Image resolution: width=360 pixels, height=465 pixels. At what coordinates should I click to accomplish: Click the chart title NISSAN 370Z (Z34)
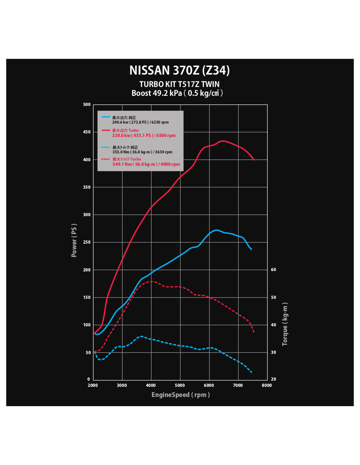point(180,70)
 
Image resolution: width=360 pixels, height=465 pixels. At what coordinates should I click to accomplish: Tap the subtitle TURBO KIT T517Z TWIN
point(179,84)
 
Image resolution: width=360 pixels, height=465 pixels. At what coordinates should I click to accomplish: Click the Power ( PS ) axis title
point(74,240)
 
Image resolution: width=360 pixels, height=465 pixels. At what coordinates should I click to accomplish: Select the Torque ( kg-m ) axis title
point(285,324)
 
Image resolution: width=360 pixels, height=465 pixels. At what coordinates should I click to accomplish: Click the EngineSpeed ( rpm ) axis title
point(181,395)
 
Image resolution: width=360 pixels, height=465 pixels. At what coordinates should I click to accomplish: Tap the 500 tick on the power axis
point(87,105)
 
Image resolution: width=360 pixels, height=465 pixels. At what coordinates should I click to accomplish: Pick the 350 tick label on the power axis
point(87,187)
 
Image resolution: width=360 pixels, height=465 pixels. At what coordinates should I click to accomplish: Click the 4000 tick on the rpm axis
point(151,385)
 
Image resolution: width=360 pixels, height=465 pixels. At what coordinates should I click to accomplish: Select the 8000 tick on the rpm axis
point(267,385)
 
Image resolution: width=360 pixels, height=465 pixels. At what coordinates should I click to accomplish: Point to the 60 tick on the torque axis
point(274,270)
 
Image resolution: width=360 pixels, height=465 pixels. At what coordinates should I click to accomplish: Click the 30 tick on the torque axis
point(274,353)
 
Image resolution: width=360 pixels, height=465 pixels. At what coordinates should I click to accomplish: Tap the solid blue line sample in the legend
point(106,117)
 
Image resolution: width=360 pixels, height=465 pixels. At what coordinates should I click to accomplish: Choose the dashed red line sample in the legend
point(106,159)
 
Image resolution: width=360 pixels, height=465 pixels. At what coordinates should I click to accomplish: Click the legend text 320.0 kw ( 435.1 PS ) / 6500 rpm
point(144,135)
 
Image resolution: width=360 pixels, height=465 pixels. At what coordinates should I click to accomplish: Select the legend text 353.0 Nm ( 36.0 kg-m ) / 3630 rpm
point(142,152)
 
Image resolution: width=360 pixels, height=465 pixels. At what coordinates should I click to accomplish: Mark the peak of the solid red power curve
point(223,141)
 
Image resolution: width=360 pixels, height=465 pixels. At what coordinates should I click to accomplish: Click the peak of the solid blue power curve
point(217,230)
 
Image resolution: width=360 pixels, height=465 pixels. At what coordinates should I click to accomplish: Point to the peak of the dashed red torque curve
point(151,281)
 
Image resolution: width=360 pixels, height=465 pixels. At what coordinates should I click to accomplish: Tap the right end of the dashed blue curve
point(251,372)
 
